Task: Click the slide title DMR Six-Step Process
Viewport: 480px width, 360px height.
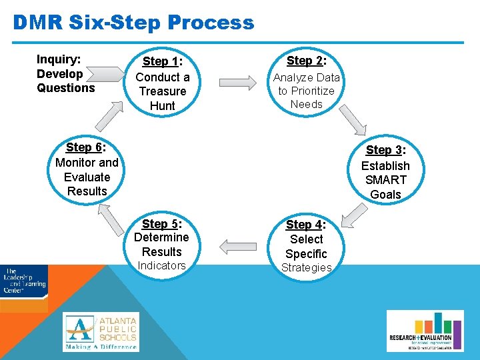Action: pyautogui.click(x=133, y=23)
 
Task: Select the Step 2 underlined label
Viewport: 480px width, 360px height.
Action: pyautogui.click(x=304, y=61)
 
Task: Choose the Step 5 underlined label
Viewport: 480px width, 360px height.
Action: pyautogui.click(x=159, y=224)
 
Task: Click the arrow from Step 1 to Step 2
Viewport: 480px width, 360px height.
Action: pyautogui.click(x=237, y=83)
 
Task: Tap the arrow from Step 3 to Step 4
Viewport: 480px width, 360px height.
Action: pyautogui.click(x=353, y=215)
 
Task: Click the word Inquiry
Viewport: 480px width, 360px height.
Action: pyautogui.click(x=58, y=59)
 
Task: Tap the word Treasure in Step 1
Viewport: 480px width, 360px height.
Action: pyautogui.click(x=163, y=91)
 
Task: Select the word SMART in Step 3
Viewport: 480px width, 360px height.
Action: pyautogui.click(x=385, y=180)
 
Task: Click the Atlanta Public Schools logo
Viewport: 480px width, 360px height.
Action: pyautogui.click(x=101, y=332)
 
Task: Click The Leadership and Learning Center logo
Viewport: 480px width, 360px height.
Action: pyautogui.click(x=24, y=281)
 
